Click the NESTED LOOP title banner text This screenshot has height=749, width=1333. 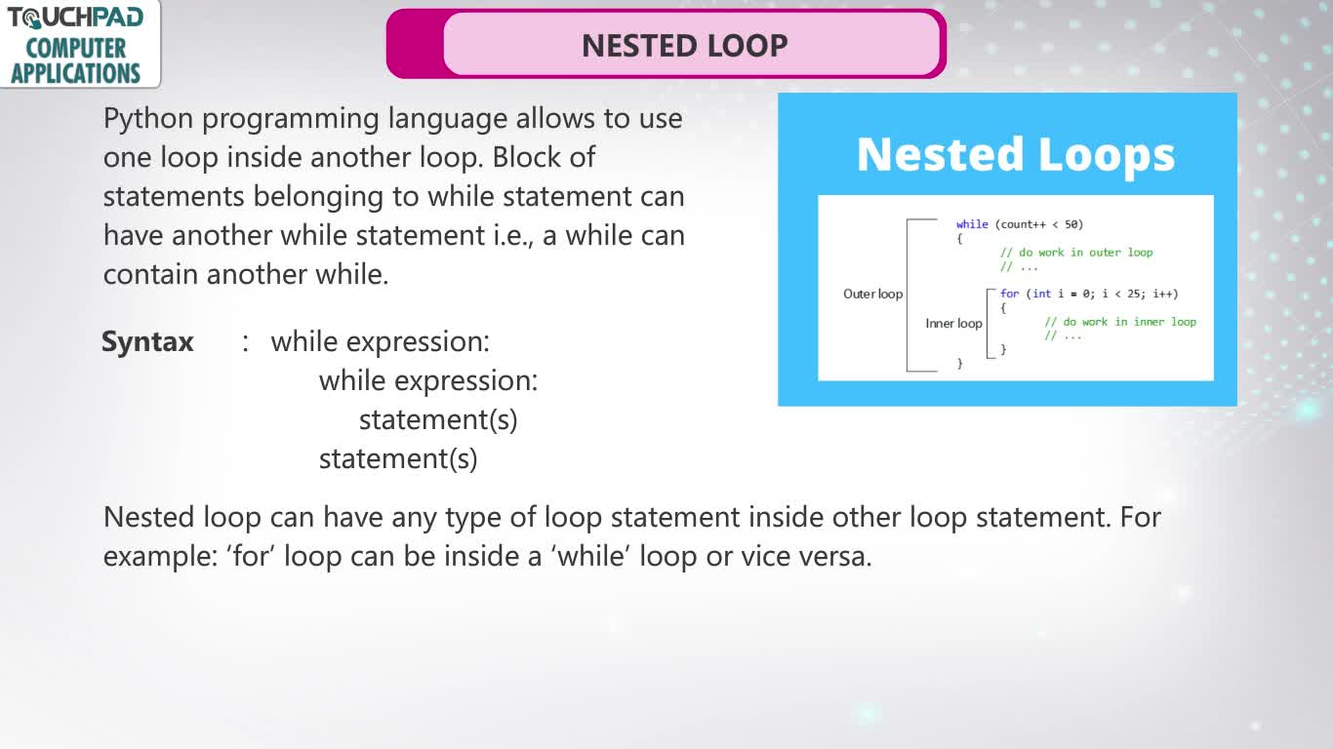pyautogui.click(x=684, y=46)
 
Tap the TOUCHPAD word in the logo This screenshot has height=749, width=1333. pyautogui.click(x=75, y=18)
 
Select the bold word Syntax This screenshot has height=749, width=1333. pyautogui.click(x=147, y=342)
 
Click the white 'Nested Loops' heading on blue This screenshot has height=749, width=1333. pyautogui.click(x=1015, y=154)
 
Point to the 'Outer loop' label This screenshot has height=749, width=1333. pyautogui.click(x=872, y=294)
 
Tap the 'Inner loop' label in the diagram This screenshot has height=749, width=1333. pyautogui.click(x=953, y=323)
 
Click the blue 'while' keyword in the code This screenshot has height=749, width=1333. pyautogui.click(x=972, y=224)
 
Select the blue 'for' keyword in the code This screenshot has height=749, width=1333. pyautogui.click(x=1009, y=294)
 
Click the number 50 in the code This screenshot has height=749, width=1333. pyautogui.click(x=1071, y=224)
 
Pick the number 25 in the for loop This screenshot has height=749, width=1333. pyautogui.click(x=1134, y=294)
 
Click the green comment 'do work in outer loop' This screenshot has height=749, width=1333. pyautogui.click(x=1085, y=253)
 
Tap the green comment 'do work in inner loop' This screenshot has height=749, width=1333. pyautogui.click(x=1129, y=322)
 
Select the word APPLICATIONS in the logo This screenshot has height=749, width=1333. pyautogui.click(x=75, y=73)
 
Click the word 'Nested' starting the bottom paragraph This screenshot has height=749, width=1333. pyautogui.click(x=148, y=517)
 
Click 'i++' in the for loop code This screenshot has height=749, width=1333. pyautogui.click(x=1165, y=294)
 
